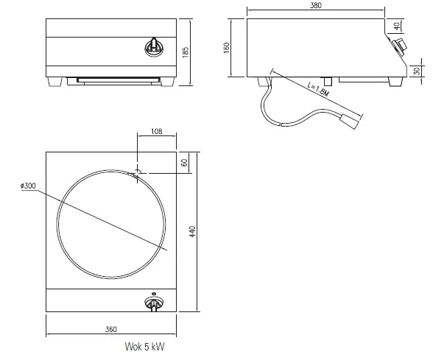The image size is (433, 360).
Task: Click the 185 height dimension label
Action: [186, 52]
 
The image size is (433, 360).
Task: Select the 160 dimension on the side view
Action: [227, 46]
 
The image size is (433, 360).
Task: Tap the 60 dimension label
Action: [185, 162]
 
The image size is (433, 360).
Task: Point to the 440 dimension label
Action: [193, 231]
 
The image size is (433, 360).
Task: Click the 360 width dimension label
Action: [110, 328]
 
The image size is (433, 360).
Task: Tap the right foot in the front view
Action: [168, 82]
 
